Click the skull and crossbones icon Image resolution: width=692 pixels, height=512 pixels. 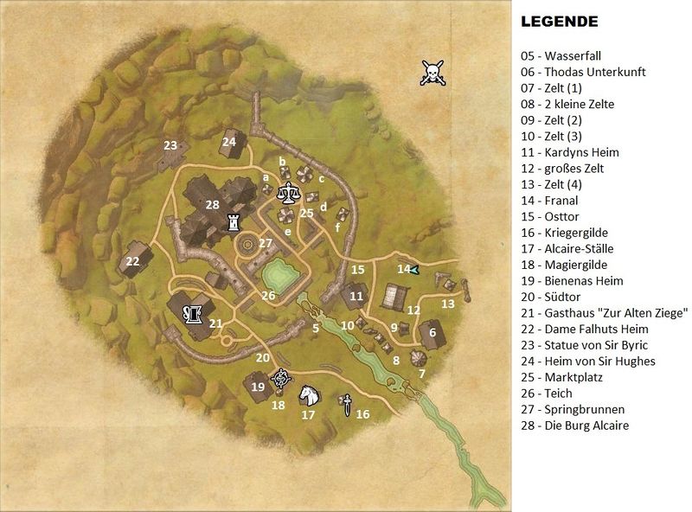point(431,73)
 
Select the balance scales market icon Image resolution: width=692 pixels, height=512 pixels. point(286,195)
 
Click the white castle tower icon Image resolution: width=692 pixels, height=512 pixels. point(233,222)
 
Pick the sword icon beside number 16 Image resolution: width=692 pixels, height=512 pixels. point(345,403)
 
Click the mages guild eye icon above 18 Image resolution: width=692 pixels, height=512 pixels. point(279,379)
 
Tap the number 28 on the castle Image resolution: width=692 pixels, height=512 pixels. point(213,205)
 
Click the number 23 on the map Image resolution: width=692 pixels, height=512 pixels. point(170,144)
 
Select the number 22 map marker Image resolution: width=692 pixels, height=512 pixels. point(132,261)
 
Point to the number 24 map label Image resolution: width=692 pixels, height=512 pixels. point(229,141)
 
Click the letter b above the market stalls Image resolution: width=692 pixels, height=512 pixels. point(281,161)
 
